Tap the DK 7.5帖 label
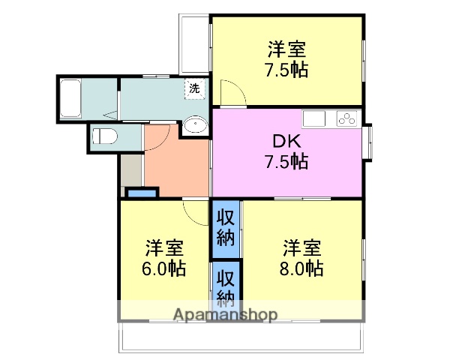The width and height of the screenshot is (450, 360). (x=286, y=151)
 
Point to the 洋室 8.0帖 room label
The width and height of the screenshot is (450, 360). (x=302, y=258)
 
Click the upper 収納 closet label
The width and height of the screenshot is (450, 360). (x=226, y=228)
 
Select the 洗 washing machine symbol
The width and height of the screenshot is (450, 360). (x=194, y=88)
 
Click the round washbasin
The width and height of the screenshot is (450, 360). (x=196, y=125)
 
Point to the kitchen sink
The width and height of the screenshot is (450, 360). (x=313, y=118)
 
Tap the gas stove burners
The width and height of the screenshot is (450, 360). (x=349, y=118)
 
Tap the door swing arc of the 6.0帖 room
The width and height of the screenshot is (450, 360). (x=197, y=213)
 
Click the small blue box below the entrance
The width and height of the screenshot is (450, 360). (x=142, y=193)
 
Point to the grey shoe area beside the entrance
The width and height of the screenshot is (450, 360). (x=130, y=171)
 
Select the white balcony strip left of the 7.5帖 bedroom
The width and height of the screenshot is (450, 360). (x=194, y=44)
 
